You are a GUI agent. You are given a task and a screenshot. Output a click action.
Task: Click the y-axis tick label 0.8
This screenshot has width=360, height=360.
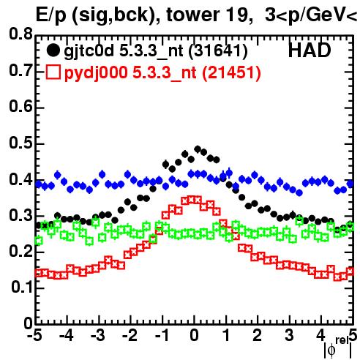tap(20, 34)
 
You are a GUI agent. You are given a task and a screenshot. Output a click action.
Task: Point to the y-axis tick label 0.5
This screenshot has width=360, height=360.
tap(20, 143)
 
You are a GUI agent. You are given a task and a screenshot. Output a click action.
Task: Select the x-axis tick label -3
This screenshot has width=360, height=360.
tap(98, 336)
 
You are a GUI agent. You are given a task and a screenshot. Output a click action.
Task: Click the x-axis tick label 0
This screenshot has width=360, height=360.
tap(194, 336)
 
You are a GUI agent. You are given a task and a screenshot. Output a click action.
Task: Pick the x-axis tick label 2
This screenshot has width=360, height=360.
tap(258, 336)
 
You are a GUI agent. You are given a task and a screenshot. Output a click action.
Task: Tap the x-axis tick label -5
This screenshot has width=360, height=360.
tap(35, 336)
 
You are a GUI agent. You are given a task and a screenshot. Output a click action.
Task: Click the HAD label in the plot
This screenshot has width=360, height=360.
tap(310, 50)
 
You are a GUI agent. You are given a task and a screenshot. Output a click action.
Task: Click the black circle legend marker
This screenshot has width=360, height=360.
tap(53, 50)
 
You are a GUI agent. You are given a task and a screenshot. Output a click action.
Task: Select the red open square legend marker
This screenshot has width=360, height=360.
tap(53, 72)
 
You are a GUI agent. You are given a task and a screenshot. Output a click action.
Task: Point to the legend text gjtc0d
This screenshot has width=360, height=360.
tap(89, 52)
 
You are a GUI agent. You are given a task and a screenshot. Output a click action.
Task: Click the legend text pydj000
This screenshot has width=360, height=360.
tap(96, 74)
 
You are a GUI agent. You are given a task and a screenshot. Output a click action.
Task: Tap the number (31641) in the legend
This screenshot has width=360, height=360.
tap(218, 52)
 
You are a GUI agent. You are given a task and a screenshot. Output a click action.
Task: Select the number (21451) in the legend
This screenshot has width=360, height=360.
tap(231, 73)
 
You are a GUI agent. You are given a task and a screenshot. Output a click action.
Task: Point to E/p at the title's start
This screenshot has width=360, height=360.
tap(51, 16)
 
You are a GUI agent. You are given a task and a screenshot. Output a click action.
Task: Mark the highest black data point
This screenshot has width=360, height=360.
tap(198, 149)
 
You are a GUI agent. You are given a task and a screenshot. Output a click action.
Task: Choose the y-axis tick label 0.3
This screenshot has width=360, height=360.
tap(20, 215)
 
